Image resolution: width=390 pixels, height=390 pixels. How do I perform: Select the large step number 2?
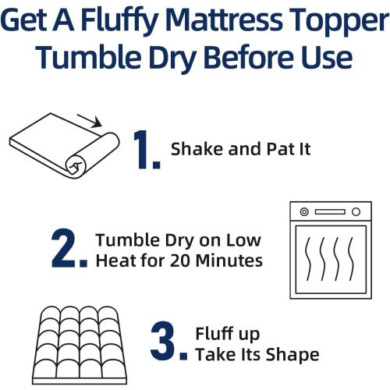pyautogui.click(x=69, y=249)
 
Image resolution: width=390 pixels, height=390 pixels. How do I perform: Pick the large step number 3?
pyautogui.click(x=168, y=344)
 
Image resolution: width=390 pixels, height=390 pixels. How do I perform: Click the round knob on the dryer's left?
pyautogui.click(x=303, y=212)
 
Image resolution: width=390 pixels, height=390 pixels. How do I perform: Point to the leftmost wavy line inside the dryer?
pyautogui.click(x=309, y=260)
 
